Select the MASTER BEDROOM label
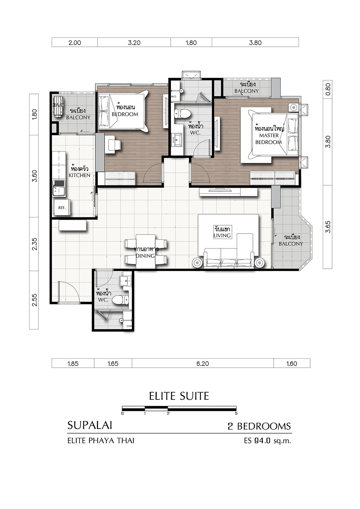pyautogui.click(x=269, y=136)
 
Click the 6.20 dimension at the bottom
pyautogui.click(x=202, y=364)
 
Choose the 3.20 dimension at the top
pyautogui.click(x=134, y=43)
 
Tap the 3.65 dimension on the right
pyautogui.click(x=328, y=227)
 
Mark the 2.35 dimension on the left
pyautogui.click(x=34, y=244)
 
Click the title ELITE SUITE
pyautogui.click(x=179, y=396)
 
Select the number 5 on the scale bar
pyautogui.click(x=236, y=413)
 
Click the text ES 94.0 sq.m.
pyautogui.click(x=268, y=441)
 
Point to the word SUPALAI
pyautogui.click(x=90, y=425)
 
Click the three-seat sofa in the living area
pyautogui.click(x=229, y=258)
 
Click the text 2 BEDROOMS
pyautogui.click(x=259, y=426)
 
